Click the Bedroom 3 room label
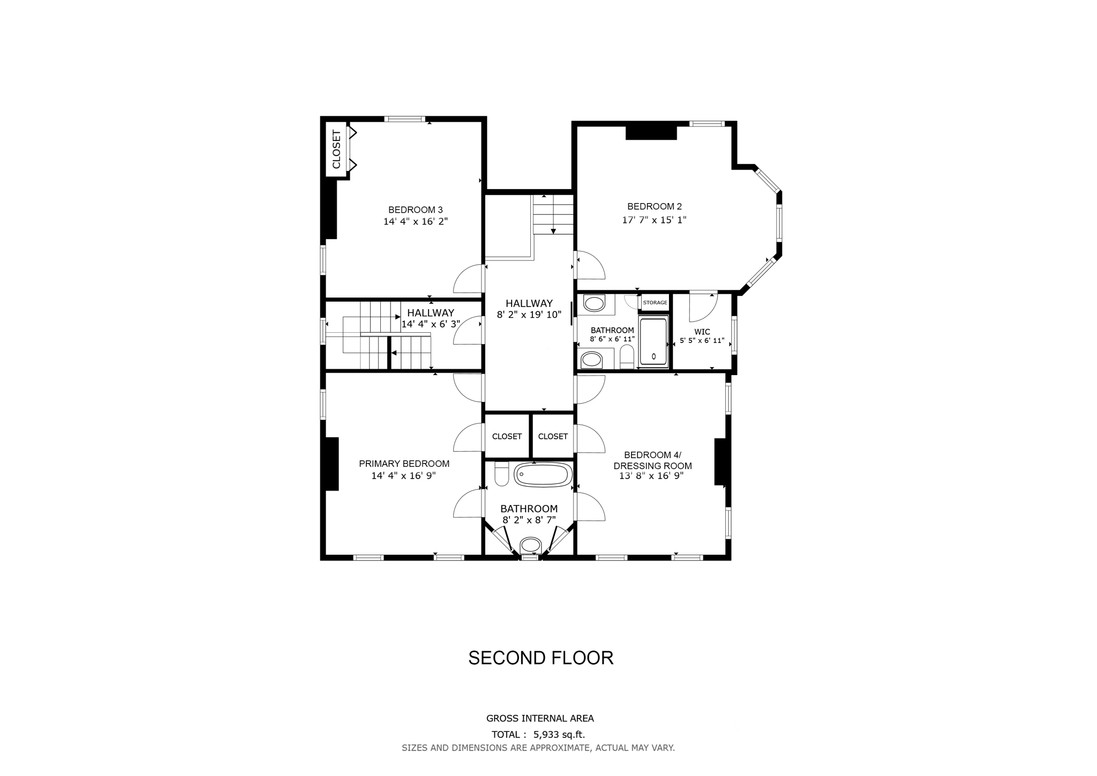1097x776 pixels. (415, 210)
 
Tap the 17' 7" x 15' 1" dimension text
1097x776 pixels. (654, 220)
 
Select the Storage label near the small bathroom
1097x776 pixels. (655, 302)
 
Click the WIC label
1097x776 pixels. (702, 332)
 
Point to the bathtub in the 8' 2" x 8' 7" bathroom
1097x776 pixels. (543, 475)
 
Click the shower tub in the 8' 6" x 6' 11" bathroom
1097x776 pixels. (653, 341)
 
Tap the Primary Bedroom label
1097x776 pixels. (404, 464)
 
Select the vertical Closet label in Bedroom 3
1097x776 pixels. (336, 150)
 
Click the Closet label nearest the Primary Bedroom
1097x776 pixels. (507, 436)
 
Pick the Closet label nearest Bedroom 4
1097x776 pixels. (553, 436)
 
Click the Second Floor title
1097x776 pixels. (540, 658)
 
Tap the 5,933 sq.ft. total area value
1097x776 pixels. (559, 734)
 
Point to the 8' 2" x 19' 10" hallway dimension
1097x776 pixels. (529, 315)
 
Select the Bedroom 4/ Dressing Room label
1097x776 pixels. (652, 460)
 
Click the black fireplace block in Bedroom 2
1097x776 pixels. (651, 132)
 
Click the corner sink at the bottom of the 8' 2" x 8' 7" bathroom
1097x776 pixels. (530, 545)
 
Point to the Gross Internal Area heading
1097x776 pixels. (540, 718)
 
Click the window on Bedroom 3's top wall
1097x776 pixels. (404, 119)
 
